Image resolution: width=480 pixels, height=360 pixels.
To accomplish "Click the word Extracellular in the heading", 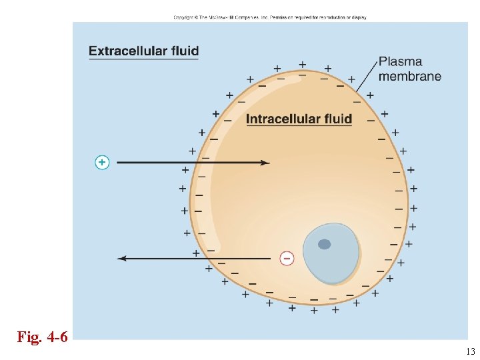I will [127, 51].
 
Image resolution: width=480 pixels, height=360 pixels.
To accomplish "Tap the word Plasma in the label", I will [400, 62].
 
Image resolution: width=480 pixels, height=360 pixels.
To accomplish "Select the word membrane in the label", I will [409, 76].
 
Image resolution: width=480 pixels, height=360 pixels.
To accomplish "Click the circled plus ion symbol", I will [102, 162].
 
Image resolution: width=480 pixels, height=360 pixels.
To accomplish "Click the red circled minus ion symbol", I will [287, 258].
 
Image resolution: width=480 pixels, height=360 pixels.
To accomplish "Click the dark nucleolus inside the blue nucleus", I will [324, 244].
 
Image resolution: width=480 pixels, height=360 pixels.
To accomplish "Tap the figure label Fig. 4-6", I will [42, 337].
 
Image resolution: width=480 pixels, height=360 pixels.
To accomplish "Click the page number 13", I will [470, 351].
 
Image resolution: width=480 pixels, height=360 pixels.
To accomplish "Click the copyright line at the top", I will [269, 17].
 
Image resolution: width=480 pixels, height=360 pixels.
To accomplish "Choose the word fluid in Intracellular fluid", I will [337, 119].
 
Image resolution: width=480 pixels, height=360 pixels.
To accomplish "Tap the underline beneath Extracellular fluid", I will [143, 59].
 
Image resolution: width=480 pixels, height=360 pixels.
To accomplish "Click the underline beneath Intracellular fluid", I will [299, 127].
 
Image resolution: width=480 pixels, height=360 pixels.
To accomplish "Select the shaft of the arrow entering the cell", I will [187, 162].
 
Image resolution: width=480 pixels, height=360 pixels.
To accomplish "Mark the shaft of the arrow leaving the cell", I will [200, 258].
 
